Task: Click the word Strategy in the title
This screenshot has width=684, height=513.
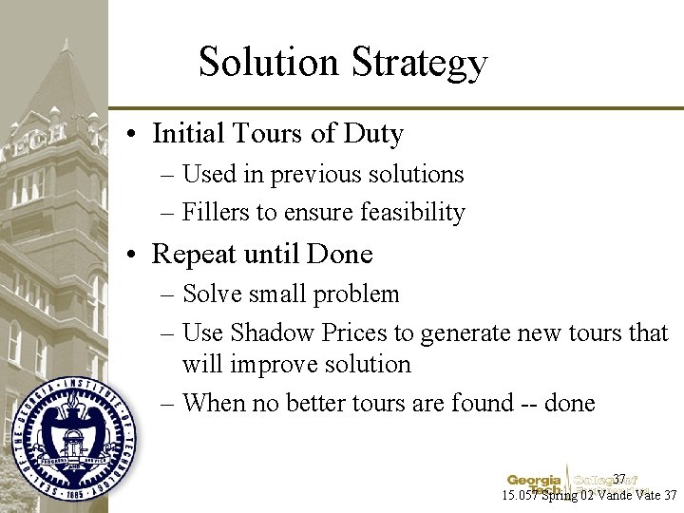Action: tap(420, 64)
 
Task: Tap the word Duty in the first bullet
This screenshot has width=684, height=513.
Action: tap(375, 134)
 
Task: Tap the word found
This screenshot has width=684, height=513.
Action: tap(475, 403)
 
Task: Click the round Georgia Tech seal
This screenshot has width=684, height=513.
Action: tap(73, 438)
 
